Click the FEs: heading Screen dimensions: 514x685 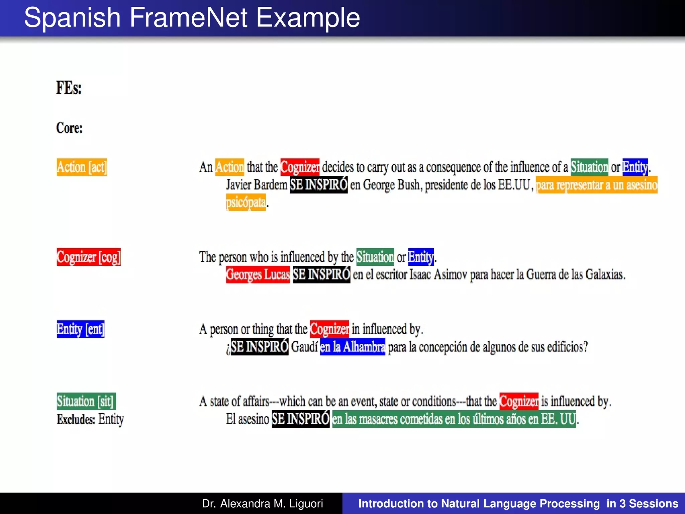pos(69,88)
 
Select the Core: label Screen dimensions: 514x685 pos(69,128)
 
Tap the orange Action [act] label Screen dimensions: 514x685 pos(82,167)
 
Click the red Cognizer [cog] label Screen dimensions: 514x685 pos(89,257)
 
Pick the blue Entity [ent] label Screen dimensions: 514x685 pos(81,329)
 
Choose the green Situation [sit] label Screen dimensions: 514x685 pos(86,401)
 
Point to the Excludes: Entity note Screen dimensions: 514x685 pos(90,419)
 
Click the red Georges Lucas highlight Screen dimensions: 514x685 pos(258,275)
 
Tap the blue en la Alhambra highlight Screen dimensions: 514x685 pos(353,347)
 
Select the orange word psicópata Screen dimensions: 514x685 pos(246,202)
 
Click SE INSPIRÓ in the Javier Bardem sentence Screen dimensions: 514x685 pos(319,185)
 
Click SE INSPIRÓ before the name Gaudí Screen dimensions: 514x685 pos(260,347)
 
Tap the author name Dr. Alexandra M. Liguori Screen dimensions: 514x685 pos(262,504)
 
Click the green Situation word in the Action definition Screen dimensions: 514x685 pos(589,167)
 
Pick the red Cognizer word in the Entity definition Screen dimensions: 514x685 pos(329,329)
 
